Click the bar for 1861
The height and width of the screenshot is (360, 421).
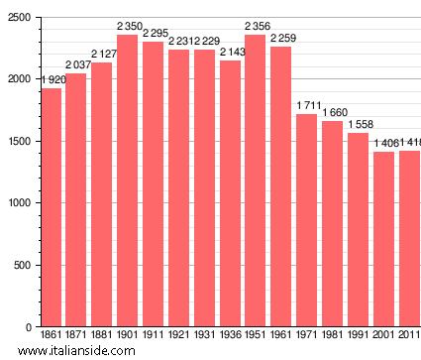tap(51, 207)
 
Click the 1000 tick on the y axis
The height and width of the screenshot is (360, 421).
tap(19, 203)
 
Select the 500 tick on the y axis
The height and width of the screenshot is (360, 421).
tap(22, 265)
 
